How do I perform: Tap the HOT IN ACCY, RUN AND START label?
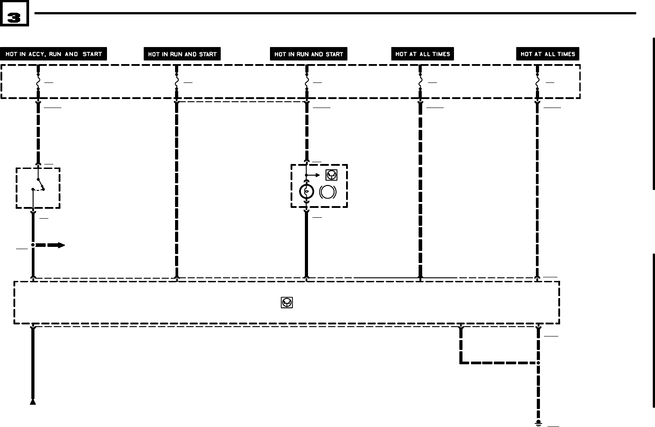(x=53, y=54)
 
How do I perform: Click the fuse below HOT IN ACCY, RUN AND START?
(x=38, y=82)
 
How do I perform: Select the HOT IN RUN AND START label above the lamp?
(x=308, y=54)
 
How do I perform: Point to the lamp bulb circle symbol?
(x=306, y=192)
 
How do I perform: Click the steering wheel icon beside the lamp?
(x=331, y=175)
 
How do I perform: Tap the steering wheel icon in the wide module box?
(x=287, y=302)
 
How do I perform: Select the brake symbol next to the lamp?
(x=328, y=192)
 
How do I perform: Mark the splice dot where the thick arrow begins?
(x=33, y=245)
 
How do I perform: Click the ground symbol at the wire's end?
(x=538, y=423)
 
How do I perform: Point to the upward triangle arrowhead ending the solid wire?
(x=33, y=402)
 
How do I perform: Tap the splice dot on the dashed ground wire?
(x=538, y=362)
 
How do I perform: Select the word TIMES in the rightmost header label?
(x=566, y=54)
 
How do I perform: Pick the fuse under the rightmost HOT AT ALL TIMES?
(x=538, y=82)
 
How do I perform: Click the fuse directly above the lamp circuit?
(x=307, y=82)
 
